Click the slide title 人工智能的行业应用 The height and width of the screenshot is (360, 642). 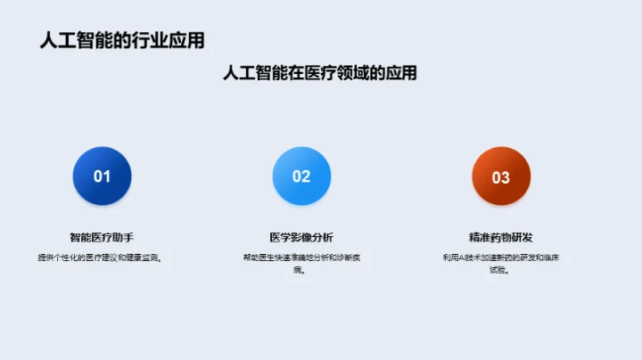point(121,40)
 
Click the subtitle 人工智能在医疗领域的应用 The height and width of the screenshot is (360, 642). point(320,73)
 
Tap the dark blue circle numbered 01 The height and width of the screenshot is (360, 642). point(102,176)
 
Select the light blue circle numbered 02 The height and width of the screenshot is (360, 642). point(301,176)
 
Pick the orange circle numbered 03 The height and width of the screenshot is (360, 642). point(501,176)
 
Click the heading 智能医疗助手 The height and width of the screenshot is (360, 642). point(102,237)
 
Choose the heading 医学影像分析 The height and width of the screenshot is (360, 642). point(301,237)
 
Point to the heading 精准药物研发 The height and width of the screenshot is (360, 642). point(501,237)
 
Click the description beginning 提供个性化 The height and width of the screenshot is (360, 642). point(102,258)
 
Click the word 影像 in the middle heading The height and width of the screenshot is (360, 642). point(301,237)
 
